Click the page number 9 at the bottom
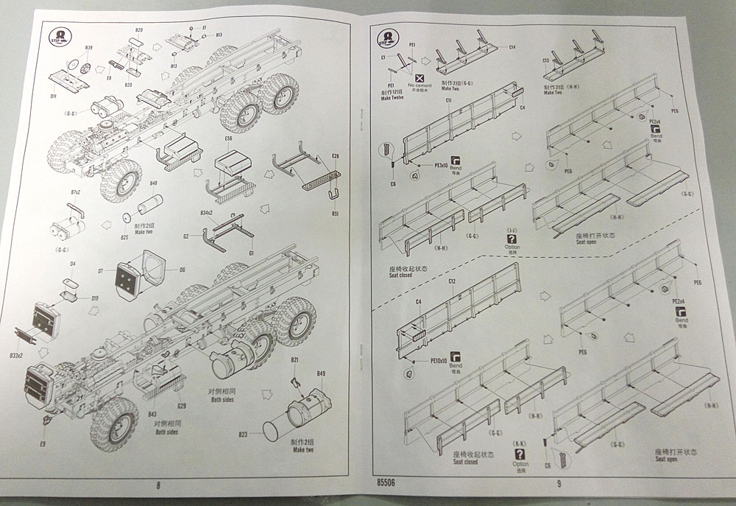click(559, 484)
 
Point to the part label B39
click(88, 49)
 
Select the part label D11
click(53, 96)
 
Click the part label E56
click(227, 138)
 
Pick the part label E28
click(335, 156)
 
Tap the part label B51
click(335, 214)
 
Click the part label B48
click(154, 183)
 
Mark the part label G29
click(182, 405)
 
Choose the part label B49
click(321, 374)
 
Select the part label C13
click(546, 60)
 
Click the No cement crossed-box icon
click(420, 77)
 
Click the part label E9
click(43, 444)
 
